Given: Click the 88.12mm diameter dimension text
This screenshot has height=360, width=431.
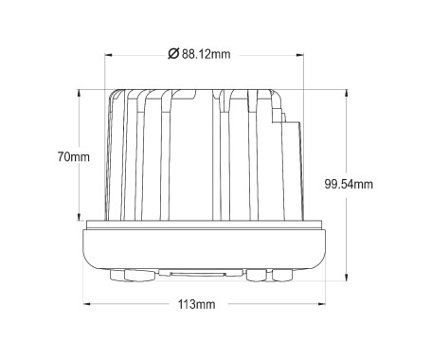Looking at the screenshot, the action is click(x=206, y=54).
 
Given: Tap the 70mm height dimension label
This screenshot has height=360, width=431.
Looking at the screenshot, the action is click(x=74, y=156).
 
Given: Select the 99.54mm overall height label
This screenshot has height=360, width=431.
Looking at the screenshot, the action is click(x=349, y=184).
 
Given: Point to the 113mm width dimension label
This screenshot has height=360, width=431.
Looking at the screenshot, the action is click(x=196, y=304).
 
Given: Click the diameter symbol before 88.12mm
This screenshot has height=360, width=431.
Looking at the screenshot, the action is click(x=173, y=54).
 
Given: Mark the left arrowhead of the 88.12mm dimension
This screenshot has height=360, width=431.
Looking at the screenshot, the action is click(x=108, y=55).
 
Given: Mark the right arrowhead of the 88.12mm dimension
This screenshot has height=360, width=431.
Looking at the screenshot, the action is click(x=300, y=55).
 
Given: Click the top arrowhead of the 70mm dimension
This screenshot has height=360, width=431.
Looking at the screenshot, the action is click(x=79, y=94).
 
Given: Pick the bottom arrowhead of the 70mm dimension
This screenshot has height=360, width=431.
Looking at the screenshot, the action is click(x=79, y=216).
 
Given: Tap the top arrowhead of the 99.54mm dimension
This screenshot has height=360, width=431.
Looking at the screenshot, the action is click(x=347, y=94).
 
